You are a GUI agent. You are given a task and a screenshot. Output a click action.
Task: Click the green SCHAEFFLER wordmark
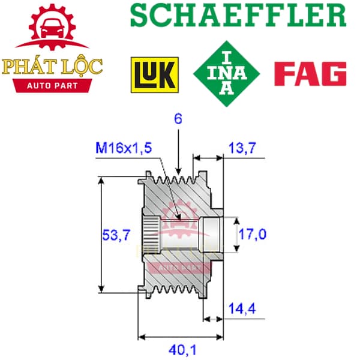pos(238,16)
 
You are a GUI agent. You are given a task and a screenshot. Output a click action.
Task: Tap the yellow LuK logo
pos(155,75)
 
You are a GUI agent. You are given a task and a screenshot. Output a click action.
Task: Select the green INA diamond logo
pos(227,74)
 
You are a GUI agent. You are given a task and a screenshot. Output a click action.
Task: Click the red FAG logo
pos(310,73)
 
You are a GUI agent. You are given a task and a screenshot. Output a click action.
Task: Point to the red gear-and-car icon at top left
pos(52,27)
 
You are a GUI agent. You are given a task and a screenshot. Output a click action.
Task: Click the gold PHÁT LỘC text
pos(52,67)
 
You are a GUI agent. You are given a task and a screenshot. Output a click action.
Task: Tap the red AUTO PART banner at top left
pos(52,86)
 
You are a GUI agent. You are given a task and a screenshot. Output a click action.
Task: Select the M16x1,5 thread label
pos(124,148)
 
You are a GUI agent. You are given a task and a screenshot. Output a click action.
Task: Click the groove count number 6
pos(178,119)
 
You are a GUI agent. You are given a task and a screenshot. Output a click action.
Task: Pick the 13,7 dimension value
pos(242,148)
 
